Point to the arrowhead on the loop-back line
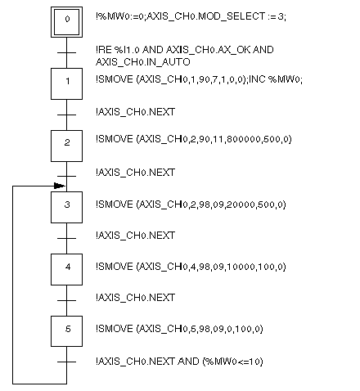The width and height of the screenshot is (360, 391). click(60, 186)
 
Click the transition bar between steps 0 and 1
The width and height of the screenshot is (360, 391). click(66, 52)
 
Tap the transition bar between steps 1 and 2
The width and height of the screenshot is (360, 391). click(66, 115)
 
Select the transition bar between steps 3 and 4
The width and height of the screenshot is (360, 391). click(66, 238)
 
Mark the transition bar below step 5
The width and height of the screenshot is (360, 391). click(66, 362)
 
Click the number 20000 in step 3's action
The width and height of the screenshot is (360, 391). click(241, 204)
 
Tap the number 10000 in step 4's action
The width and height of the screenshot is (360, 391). click(241, 267)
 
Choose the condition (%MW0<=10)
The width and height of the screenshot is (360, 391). click(232, 362)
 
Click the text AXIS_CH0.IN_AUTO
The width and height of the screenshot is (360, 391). click(143, 62)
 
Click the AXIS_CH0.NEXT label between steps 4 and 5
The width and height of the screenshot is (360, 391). click(136, 298)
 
